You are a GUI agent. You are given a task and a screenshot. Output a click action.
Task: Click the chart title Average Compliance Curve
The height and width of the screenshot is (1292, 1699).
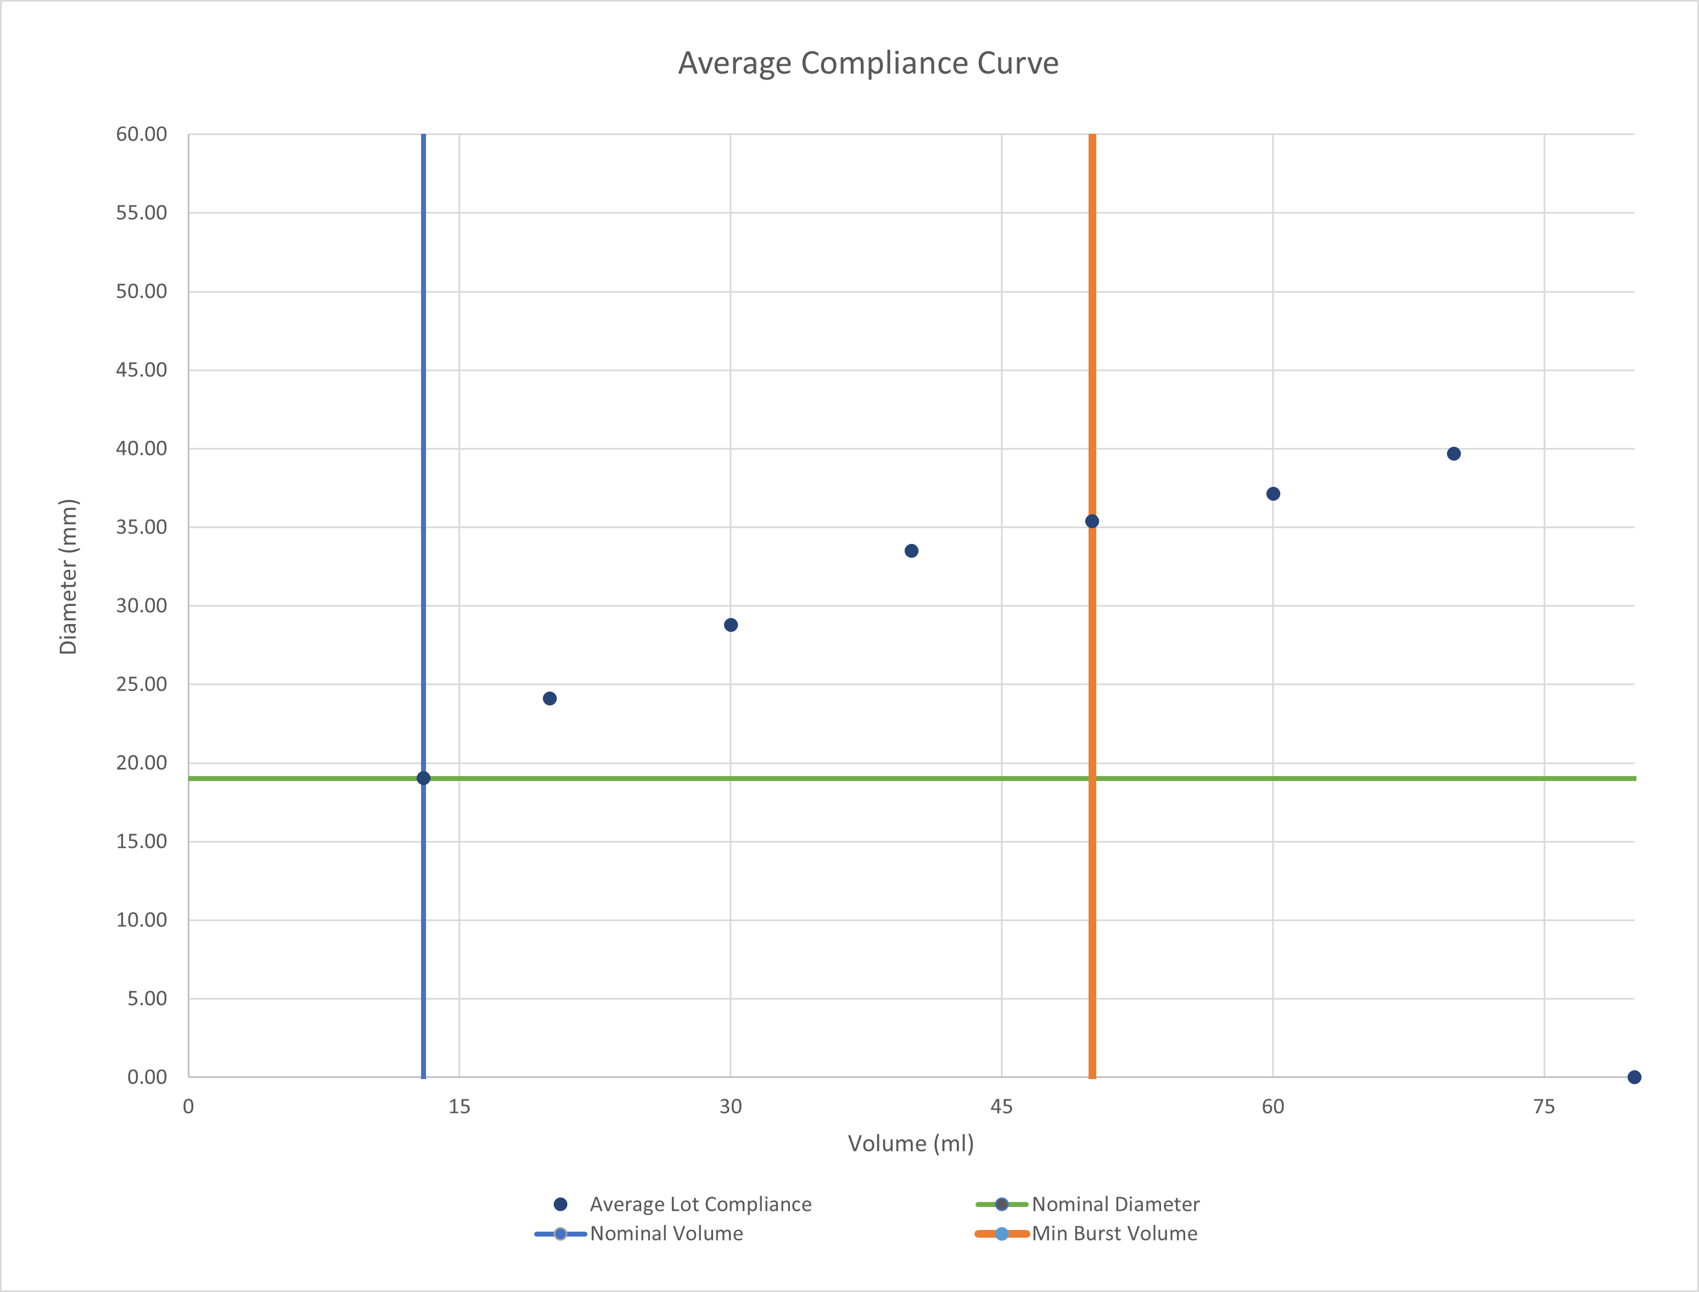[867, 63]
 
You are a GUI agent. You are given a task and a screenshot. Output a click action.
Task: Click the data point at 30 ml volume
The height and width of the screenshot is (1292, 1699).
[731, 625]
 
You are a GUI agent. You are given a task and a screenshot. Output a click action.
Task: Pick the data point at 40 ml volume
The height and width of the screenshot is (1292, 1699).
[911, 550]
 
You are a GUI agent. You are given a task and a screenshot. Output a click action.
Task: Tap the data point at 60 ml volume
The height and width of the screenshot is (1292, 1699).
[1273, 494]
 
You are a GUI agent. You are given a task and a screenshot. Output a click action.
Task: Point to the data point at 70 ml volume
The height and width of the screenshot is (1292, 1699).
[1454, 454]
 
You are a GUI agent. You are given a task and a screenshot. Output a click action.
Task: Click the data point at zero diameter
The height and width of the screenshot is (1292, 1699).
[1634, 1077]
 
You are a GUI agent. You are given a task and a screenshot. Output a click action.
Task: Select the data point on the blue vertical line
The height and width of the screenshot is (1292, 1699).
[424, 778]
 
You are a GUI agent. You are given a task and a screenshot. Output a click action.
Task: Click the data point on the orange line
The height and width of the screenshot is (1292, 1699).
[1092, 521]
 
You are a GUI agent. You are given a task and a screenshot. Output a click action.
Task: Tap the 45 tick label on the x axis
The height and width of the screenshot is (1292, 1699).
[1001, 1106]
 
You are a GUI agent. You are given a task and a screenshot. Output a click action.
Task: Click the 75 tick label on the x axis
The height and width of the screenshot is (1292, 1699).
[1544, 1106]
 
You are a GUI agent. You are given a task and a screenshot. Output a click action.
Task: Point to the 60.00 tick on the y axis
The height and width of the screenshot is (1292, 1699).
[142, 134]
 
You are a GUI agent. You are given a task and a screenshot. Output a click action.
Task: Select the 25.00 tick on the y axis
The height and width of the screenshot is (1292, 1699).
[142, 684]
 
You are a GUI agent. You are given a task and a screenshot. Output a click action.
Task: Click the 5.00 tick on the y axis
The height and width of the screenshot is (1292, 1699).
[147, 998]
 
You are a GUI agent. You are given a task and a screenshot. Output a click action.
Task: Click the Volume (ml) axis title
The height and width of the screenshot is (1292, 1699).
[911, 1144]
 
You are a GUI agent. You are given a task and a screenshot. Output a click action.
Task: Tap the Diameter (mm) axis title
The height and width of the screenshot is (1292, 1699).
[69, 577]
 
